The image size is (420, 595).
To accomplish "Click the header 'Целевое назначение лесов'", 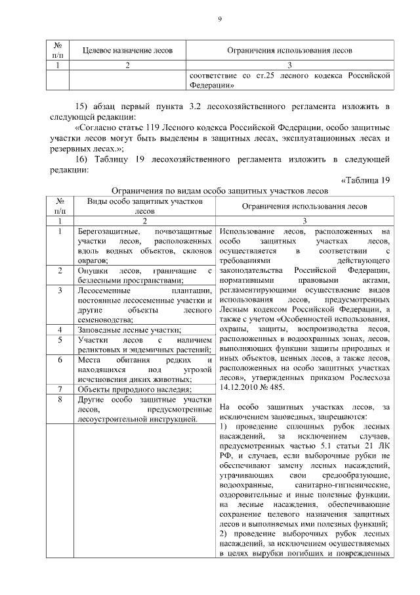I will [127, 50].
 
